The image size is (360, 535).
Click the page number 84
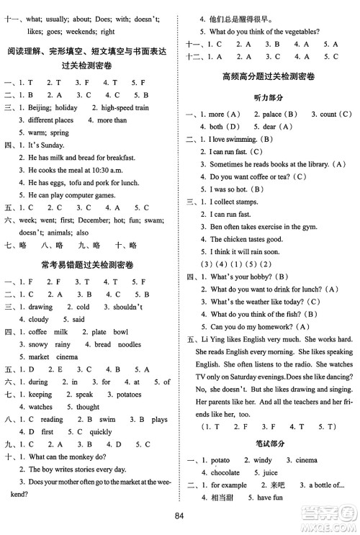[x=180, y=514]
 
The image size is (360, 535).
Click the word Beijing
[x=42, y=107]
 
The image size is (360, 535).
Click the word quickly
[x=100, y=432]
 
